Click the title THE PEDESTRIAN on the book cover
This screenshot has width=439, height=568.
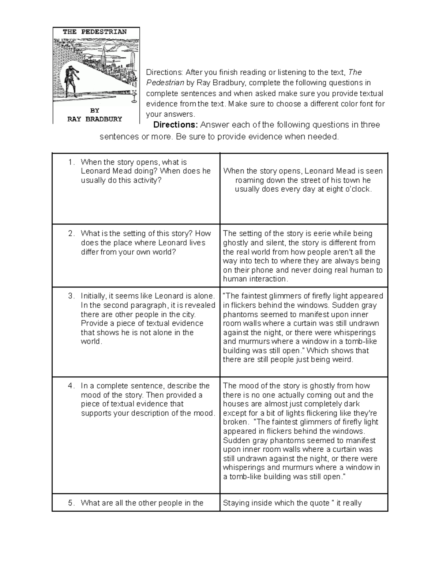(95, 32)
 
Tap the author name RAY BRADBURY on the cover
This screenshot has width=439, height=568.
(95, 119)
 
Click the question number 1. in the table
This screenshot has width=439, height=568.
(72, 162)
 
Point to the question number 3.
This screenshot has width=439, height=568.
(72, 296)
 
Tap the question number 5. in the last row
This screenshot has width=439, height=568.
(72, 503)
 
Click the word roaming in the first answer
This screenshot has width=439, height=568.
(249, 180)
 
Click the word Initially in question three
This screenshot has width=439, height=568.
(94, 296)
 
